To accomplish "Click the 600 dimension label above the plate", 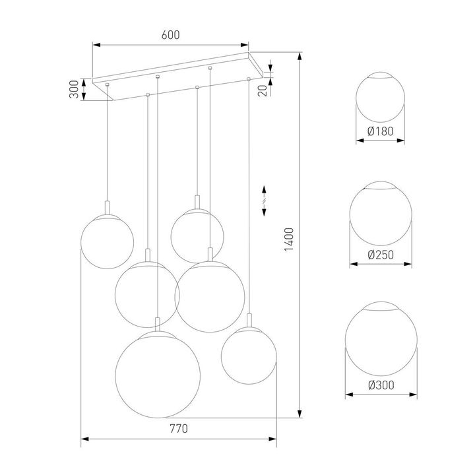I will [x=171, y=36].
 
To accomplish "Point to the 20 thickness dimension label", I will [x=263, y=90].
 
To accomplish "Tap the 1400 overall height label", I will [x=288, y=240].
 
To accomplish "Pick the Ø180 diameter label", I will [x=380, y=131].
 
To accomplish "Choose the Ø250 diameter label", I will [x=380, y=254].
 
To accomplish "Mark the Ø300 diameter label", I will [x=381, y=385].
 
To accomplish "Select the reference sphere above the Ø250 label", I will [x=380, y=214].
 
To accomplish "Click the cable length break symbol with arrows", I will [x=265, y=198].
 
